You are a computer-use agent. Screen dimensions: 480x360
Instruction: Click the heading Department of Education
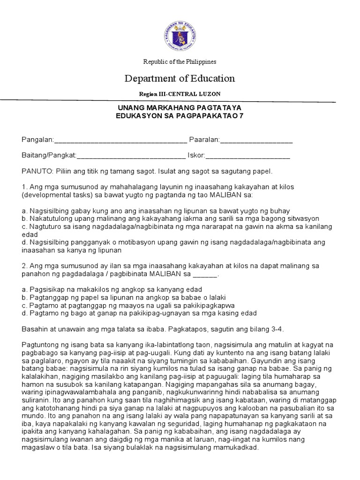tap(180, 78)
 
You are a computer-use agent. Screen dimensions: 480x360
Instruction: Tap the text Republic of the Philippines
tap(180, 62)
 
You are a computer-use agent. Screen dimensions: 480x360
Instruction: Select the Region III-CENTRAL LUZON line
tap(180, 94)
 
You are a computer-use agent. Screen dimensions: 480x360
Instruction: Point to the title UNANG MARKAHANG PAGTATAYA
tap(180, 108)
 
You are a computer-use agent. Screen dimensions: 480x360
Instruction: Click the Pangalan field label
tap(38, 140)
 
